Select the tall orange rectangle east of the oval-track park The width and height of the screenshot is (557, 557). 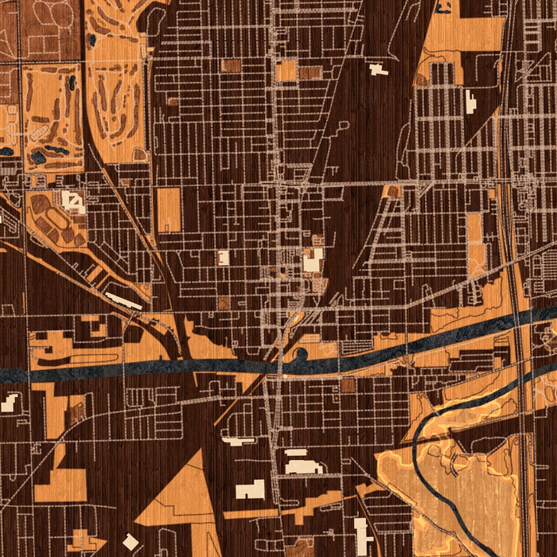(x=169, y=210)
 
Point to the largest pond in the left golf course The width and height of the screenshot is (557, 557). (x=38, y=157)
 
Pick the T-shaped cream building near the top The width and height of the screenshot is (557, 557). (x=378, y=69)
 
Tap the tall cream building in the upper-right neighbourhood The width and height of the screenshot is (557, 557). (x=470, y=103)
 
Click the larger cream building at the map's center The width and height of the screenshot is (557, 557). (x=313, y=259)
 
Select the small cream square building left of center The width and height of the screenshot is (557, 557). (x=224, y=257)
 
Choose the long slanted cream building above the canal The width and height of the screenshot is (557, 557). (x=124, y=301)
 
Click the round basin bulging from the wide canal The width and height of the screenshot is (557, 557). (x=302, y=355)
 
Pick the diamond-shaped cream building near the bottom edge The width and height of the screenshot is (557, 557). (x=130, y=542)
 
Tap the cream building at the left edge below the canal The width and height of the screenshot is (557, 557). (x=9, y=403)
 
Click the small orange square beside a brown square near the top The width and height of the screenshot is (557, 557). (x=286, y=72)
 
